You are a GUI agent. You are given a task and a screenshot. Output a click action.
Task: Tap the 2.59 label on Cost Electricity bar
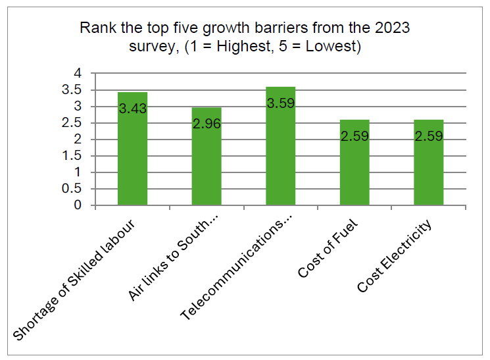[429, 137]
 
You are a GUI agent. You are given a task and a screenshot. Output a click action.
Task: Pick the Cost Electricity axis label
[395, 256]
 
